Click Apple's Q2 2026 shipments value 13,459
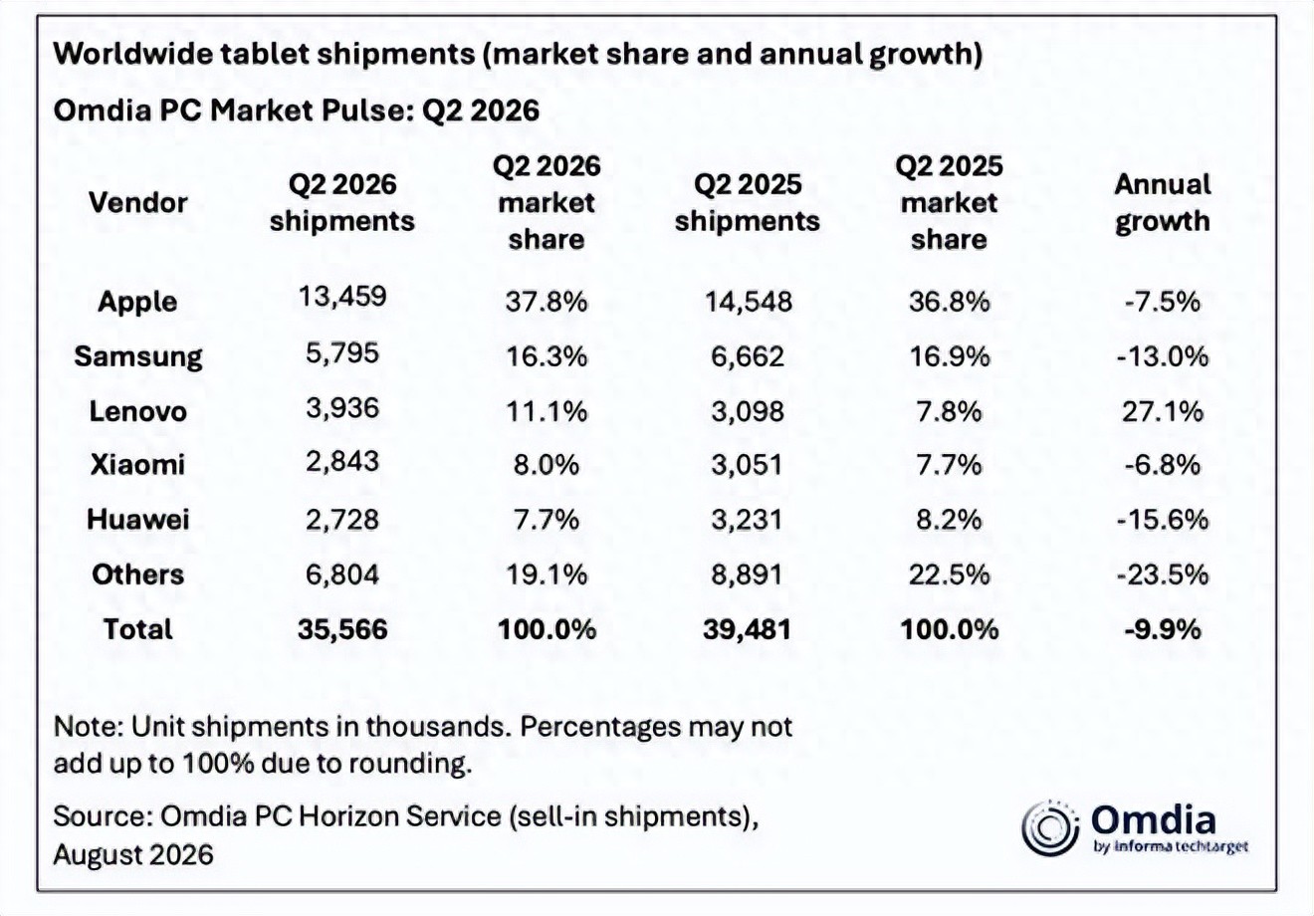point(342,296)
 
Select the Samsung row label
point(138,356)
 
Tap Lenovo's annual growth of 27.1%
point(1163,411)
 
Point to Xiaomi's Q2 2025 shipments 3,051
point(748,465)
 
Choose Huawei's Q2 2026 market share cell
point(547,520)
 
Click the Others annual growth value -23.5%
point(1163,574)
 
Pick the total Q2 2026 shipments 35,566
point(342,629)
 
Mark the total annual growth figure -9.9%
point(1163,629)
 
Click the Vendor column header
point(138,203)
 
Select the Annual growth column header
point(1163,203)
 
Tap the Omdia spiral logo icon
point(1050,828)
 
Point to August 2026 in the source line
point(133,855)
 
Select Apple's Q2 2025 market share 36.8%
point(949,303)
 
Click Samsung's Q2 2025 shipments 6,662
point(748,356)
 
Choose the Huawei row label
point(138,520)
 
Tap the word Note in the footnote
point(87,727)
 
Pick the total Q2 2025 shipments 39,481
point(748,629)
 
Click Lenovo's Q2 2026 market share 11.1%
point(547,411)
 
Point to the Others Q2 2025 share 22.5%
point(949,574)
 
